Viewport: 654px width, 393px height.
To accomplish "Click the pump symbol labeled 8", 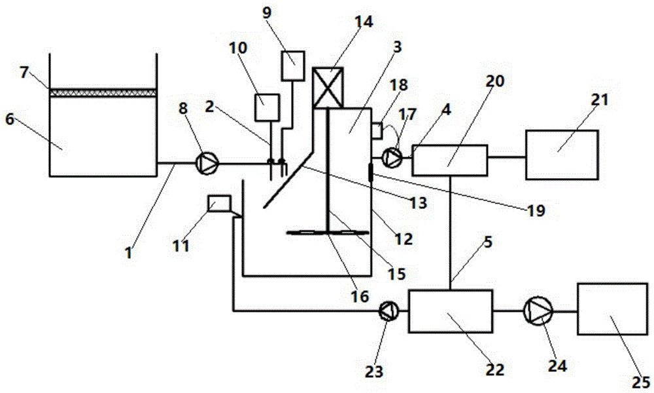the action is (x=207, y=163).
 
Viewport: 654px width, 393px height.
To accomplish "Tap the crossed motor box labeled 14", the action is (x=328, y=88).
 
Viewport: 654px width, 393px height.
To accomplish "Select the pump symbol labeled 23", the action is (x=388, y=310).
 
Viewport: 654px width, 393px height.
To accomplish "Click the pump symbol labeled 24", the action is (x=538, y=310).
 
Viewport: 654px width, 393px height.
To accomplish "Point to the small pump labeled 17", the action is (x=392, y=157).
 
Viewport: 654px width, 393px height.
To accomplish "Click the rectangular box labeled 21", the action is (x=562, y=155).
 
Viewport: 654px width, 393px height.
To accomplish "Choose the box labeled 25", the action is (x=612, y=309).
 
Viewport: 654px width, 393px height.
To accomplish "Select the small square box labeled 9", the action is (x=293, y=65).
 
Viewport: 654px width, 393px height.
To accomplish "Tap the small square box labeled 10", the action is (x=267, y=108).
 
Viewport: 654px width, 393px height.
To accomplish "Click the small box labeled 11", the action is (x=219, y=204).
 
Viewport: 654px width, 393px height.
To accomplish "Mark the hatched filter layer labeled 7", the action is (x=103, y=92).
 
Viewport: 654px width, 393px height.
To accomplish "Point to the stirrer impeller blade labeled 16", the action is (x=328, y=233).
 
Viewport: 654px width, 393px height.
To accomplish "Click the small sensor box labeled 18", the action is (x=377, y=130).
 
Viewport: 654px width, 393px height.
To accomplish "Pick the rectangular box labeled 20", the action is (x=450, y=160).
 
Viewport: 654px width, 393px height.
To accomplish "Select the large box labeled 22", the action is (x=450, y=311).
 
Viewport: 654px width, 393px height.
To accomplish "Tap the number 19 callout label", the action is (x=536, y=211).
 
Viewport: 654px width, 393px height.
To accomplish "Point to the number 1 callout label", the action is (x=129, y=252).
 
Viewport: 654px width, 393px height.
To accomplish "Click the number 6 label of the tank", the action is (x=10, y=119).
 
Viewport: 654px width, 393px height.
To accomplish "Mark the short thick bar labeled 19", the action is (x=370, y=172).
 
